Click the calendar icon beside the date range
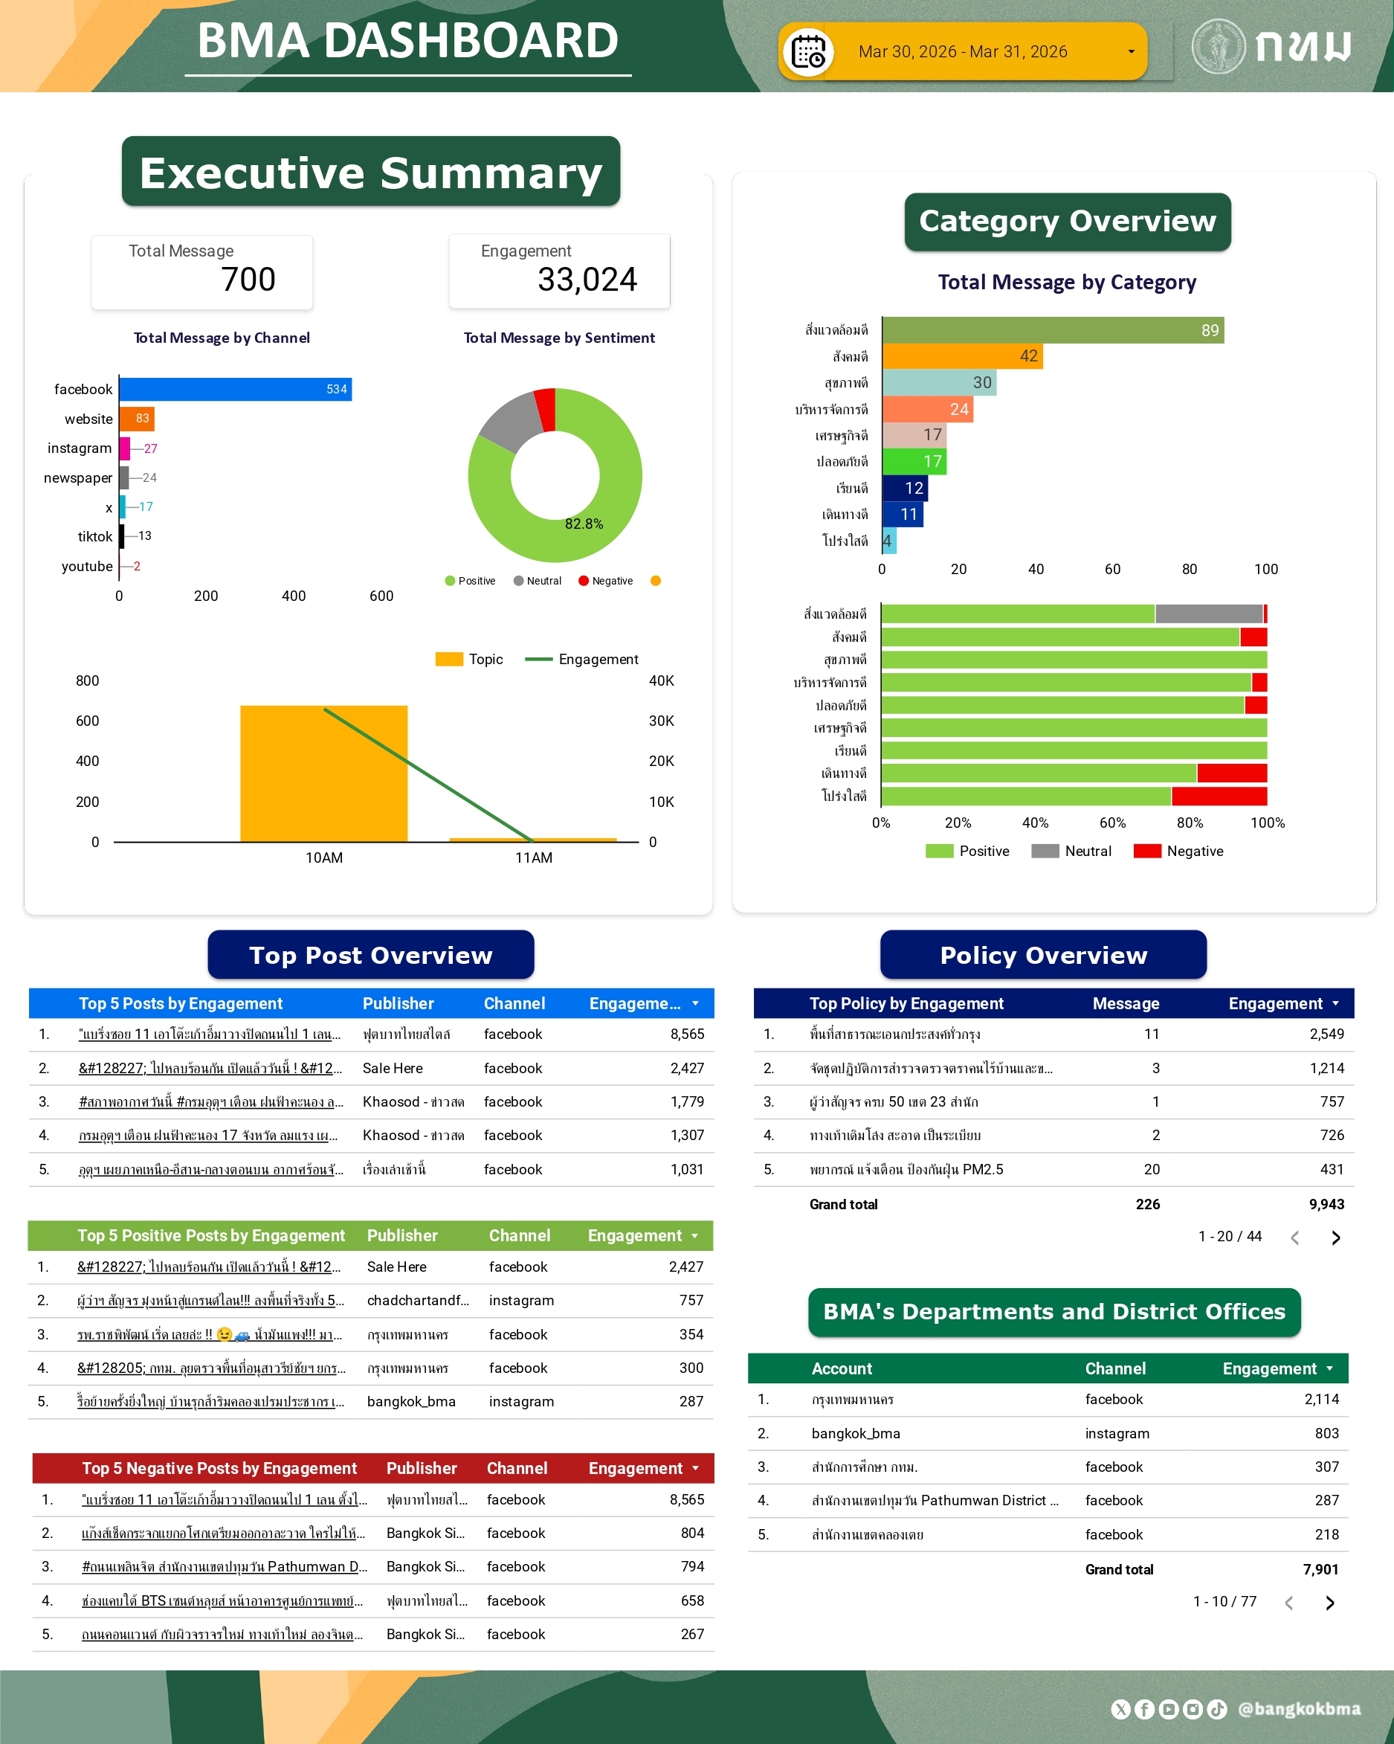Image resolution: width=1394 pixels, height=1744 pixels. coord(807,53)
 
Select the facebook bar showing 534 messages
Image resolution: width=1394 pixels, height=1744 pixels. coord(234,389)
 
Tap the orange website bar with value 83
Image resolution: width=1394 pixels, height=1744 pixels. coord(136,419)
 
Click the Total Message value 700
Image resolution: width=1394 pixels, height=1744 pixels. coord(248,280)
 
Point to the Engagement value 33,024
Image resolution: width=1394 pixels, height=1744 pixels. coord(587,280)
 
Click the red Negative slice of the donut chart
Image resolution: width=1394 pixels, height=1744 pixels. coord(546,408)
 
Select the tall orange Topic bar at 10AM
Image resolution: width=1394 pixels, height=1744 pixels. coord(323,773)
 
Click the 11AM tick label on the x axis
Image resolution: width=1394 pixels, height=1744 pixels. coord(534,857)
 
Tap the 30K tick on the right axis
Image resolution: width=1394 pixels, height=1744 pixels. coord(661,721)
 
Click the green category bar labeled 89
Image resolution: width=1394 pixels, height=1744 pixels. coord(1051,330)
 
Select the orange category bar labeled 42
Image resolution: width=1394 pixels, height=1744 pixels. coord(961,356)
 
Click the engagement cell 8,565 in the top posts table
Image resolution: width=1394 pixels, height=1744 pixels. coord(686,1034)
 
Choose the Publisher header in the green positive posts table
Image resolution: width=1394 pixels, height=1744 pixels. coord(402,1235)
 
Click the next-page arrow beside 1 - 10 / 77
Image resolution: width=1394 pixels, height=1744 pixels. coord(1330,1603)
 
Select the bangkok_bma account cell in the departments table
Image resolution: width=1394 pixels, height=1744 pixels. coord(856,1433)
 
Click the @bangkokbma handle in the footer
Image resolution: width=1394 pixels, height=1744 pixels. coord(1299,1708)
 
